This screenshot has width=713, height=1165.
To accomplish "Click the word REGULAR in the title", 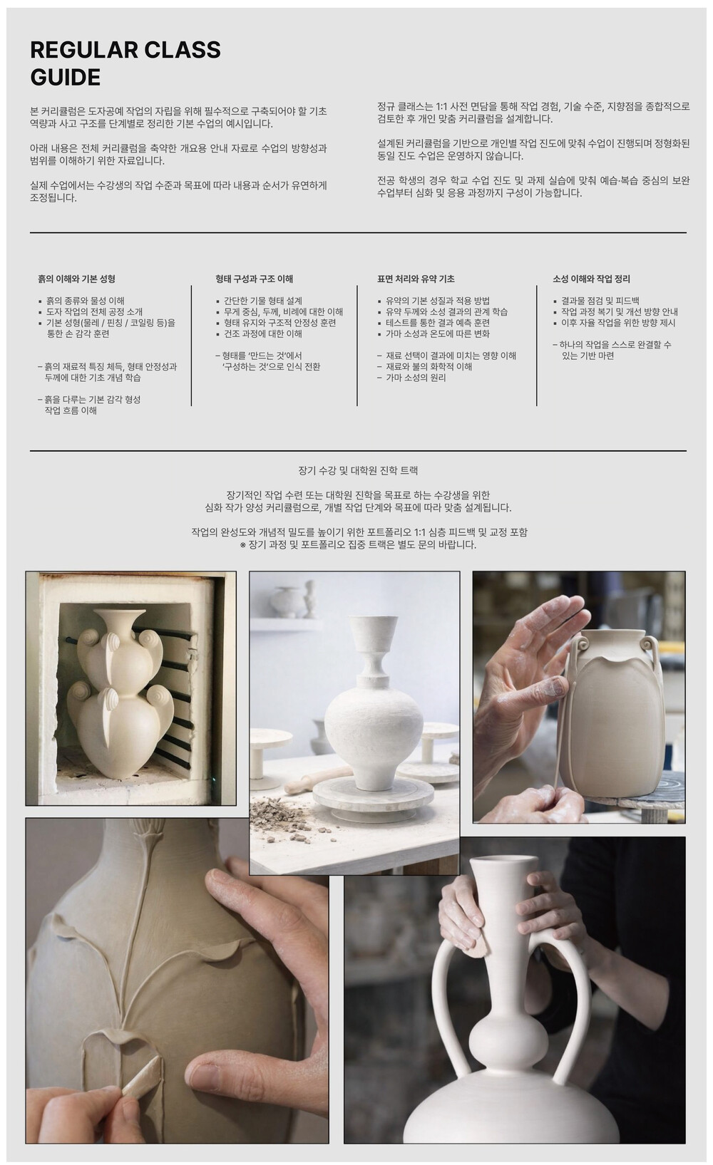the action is point(83,50).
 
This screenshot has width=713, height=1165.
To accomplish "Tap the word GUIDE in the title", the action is point(66,78).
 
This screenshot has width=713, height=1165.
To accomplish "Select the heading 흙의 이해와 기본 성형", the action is point(76,279).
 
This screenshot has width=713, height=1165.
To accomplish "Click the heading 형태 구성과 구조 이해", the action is point(254,279).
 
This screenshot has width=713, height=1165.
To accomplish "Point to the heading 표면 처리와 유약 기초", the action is point(416,279).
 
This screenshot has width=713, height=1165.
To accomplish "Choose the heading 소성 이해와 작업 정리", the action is point(591,279).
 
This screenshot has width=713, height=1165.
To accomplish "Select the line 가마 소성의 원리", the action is point(411,378).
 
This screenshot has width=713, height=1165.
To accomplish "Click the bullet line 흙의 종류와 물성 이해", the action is point(81,301).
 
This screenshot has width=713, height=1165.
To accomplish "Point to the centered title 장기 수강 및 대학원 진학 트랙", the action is point(358,471).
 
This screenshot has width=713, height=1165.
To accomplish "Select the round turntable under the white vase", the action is point(373,798).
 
